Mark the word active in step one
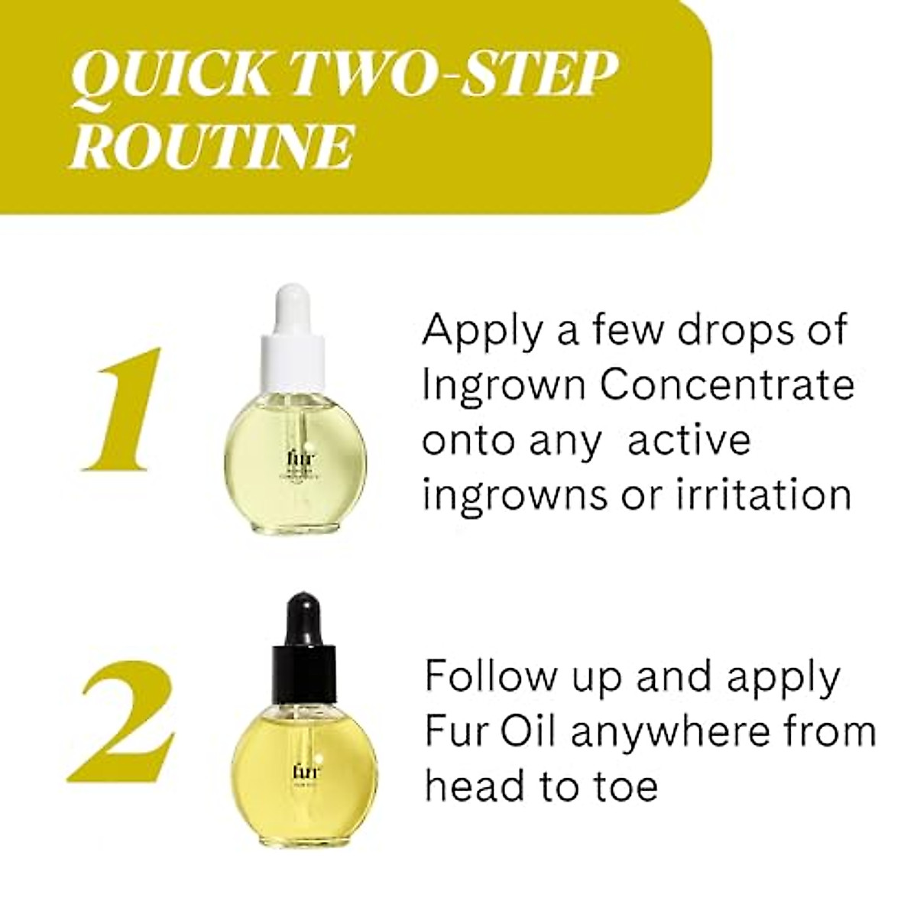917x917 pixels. coord(689,441)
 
